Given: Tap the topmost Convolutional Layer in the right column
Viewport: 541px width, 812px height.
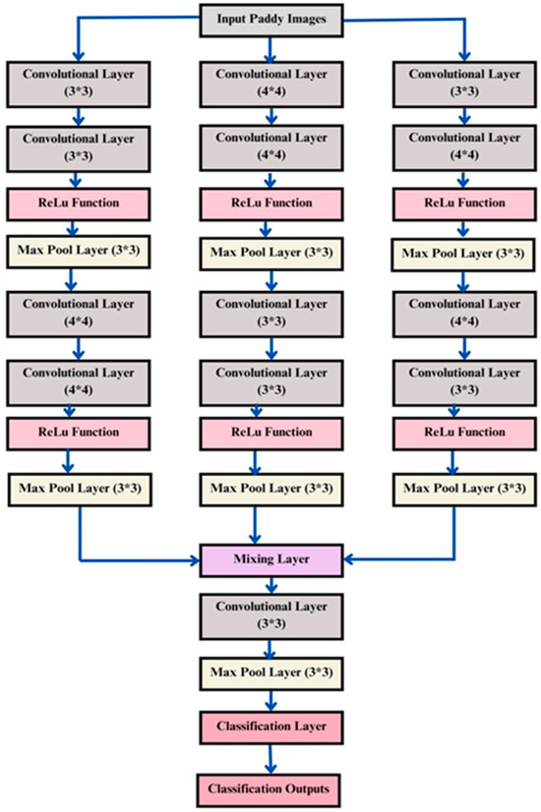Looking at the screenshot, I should point(455,83).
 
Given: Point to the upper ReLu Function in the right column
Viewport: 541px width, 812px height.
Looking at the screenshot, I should point(455,203).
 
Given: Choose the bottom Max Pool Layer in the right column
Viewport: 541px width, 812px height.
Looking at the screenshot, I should point(455,489).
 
